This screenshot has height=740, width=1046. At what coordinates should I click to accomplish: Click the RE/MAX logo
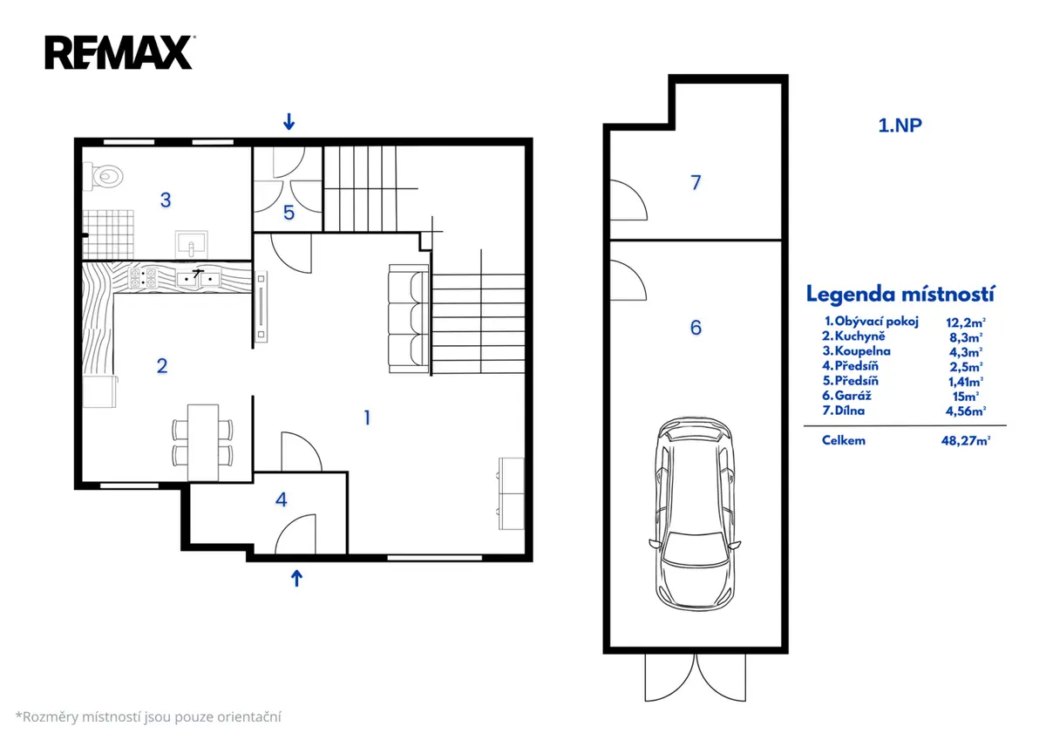[x=119, y=52]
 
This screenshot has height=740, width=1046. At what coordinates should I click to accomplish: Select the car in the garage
[x=695, y=514]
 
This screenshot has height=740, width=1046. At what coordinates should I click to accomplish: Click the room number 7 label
[x=696, y=182]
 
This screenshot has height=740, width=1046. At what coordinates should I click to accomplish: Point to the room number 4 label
[x=281, y=499]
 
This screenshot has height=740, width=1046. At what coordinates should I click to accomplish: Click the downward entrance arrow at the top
[x=289, y=121]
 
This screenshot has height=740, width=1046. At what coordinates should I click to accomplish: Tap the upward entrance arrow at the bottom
[x=296, y=578]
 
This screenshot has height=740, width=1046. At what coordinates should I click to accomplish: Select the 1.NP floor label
[x=900, y=126]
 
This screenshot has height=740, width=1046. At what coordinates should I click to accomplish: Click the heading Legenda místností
[x=900, y=294]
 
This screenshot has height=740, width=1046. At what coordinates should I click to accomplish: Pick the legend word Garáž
[x=852, y=396]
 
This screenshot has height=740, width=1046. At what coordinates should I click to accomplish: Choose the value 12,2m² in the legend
[x=966, y=322]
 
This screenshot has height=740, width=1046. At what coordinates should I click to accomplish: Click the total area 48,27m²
[x=966, y=441]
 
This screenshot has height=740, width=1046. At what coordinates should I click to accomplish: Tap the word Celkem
[x=844, y=440]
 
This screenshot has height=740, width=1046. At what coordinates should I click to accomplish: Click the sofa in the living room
[x=409, y=319]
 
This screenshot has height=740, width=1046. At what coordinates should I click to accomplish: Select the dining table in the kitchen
[x=202, y=443]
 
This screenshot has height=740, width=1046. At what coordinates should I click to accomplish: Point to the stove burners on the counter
[x=143, y=278]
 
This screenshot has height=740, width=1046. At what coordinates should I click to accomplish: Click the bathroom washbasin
[x=191, y=245]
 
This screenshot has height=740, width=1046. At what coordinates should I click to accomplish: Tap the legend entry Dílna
[x=849, y=411]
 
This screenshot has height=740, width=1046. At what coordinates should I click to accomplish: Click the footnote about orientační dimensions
[x=148, y=717]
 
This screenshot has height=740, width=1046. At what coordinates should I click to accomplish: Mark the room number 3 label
[x=166, y=200]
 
